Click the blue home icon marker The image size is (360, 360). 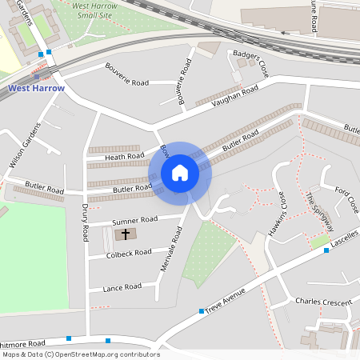click(x=180, y=173)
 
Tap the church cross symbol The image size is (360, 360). click(x=123, y=235)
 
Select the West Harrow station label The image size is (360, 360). click(x=35, y=87)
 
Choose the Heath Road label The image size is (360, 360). click(x=124, y=158)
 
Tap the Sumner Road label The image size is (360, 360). click(x=135, y=220)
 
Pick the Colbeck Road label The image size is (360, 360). click(x=128, y=254)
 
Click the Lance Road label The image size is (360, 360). click(x=122, y=286)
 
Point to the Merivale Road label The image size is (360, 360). click(x=172, y=248)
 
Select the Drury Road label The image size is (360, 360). click(x=84, y=222)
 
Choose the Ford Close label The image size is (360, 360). click(x=346, y=200)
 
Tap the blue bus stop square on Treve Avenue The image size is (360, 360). click(x=201, y=310)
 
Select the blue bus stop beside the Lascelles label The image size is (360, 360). click(x=326, y=250)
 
